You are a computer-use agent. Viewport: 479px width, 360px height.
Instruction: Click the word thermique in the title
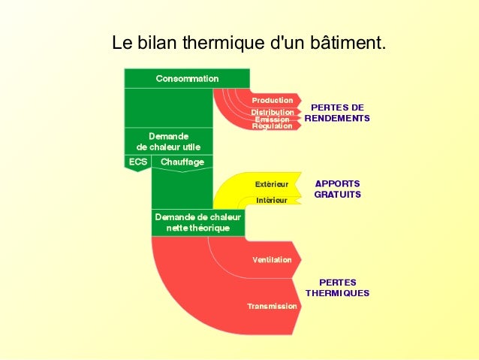click(x=229, y=43)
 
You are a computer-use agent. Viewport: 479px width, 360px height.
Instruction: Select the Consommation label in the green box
click(x=187, y=78)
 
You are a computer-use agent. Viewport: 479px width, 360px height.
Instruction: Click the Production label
click(x=272, y=100)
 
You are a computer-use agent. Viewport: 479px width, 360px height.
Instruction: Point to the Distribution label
click(x=272, y=112)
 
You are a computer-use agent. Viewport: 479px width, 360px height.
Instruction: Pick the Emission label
click(x=272, y=119)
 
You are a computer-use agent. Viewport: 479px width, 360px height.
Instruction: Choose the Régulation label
click(x=272, y=126)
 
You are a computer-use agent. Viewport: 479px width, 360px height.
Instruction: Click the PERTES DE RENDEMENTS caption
click(x=337, y=113)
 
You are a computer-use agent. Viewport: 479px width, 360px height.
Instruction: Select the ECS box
click(x=137, y=162)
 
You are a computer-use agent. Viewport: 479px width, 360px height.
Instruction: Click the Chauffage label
click(x=182, y=162)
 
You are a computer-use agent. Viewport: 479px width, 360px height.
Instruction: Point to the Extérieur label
click(x=272, y=183)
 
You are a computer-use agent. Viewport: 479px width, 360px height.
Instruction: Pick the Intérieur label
click(x=271, y=201)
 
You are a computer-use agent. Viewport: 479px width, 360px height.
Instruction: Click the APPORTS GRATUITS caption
click(x=337, y=189)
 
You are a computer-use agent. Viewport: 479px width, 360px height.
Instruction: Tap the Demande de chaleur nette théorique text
click(x=197, y=222)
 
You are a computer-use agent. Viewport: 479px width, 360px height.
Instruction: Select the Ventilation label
click(x=272, y=259)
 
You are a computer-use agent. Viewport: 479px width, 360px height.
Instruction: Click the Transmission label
click(x=272, y=306)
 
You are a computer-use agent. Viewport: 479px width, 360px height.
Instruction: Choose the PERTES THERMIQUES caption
click(x=337, y=288)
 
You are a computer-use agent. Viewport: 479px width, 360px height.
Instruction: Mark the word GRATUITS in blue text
click(x=337, y=195)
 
